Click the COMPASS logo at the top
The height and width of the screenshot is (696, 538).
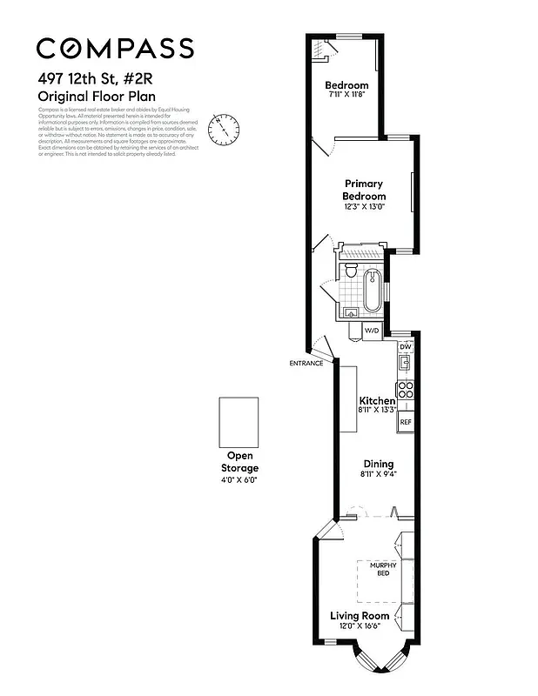(x=115, y=47)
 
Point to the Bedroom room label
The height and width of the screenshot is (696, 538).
(x=346, y=85)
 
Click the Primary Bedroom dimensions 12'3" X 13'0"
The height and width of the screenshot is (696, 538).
(x=364, y=207)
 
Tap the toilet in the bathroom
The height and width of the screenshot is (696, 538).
(x=350, y=271)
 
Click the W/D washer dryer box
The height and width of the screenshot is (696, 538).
(x=372, y=331)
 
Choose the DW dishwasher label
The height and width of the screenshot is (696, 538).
(x=405, y=346)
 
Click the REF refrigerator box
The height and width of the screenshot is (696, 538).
(x=405, y=422)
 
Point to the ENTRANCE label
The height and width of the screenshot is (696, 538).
(x=306, y=363)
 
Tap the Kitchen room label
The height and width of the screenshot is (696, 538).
(x=377, y=400)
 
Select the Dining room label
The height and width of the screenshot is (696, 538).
(x=378, y=464)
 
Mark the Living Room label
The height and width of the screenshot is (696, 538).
(x=359, y=616)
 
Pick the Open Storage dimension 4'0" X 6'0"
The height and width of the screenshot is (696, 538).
(x=239, y=479)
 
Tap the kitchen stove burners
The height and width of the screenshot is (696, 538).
(x=405, y=390)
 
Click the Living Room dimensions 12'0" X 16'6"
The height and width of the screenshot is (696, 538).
(x=359, y=626)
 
